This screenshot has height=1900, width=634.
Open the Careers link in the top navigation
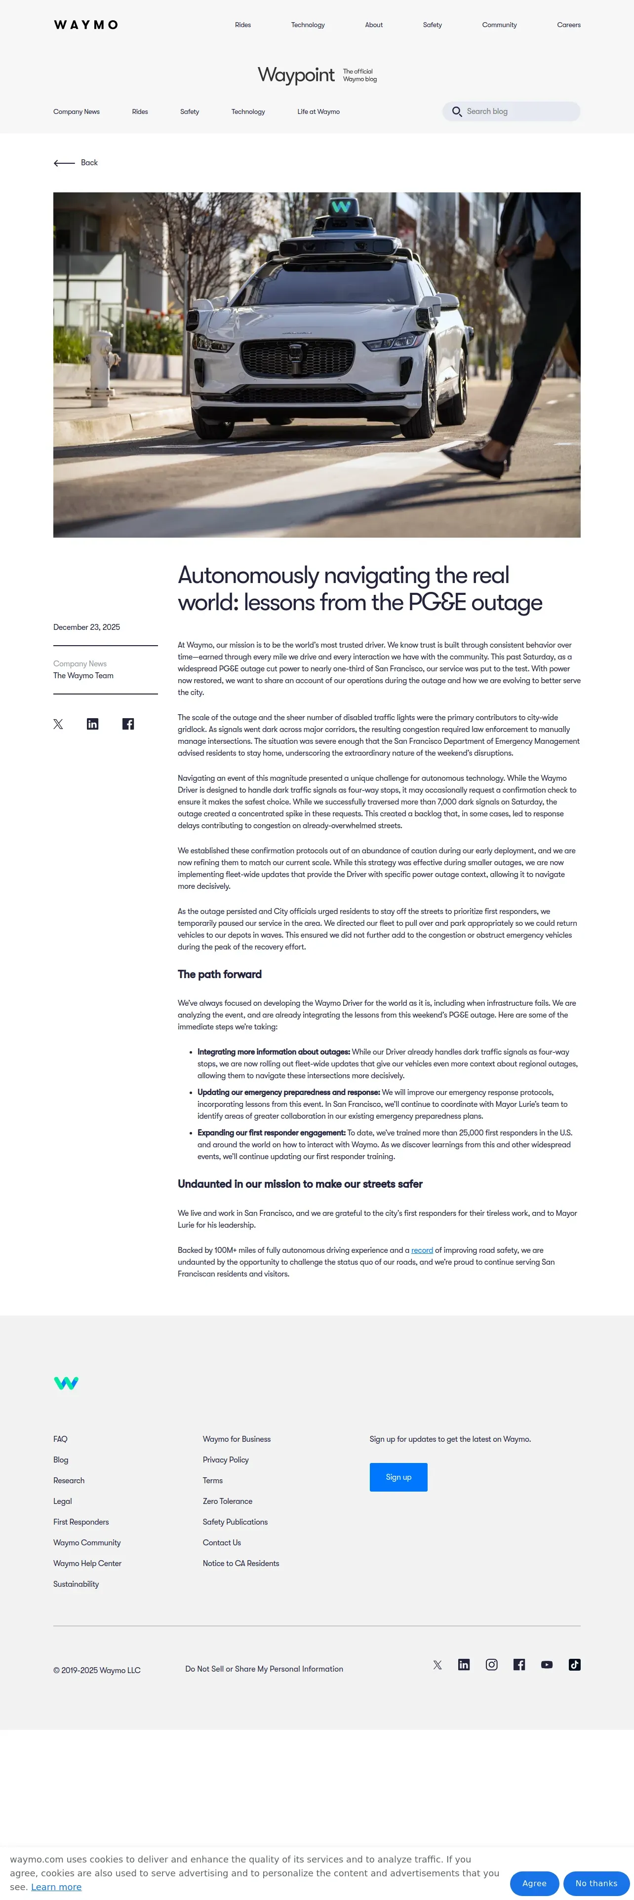568,25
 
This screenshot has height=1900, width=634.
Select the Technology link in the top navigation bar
308,25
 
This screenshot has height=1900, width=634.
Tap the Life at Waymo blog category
318,112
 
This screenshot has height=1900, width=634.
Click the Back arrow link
75,163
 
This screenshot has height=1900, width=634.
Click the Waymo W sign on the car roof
341,207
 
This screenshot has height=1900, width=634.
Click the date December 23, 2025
86,627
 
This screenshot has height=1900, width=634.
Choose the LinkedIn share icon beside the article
92,724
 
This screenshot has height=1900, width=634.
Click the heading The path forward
219,974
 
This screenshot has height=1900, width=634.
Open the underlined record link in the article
422,1250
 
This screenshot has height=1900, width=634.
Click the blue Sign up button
398,1477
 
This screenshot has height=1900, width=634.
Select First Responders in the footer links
81,1522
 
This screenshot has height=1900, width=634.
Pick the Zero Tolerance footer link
227,1501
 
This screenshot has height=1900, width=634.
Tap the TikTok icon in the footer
574,1665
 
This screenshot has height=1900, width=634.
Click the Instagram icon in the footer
492,1665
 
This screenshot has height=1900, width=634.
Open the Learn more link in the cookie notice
56,1887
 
